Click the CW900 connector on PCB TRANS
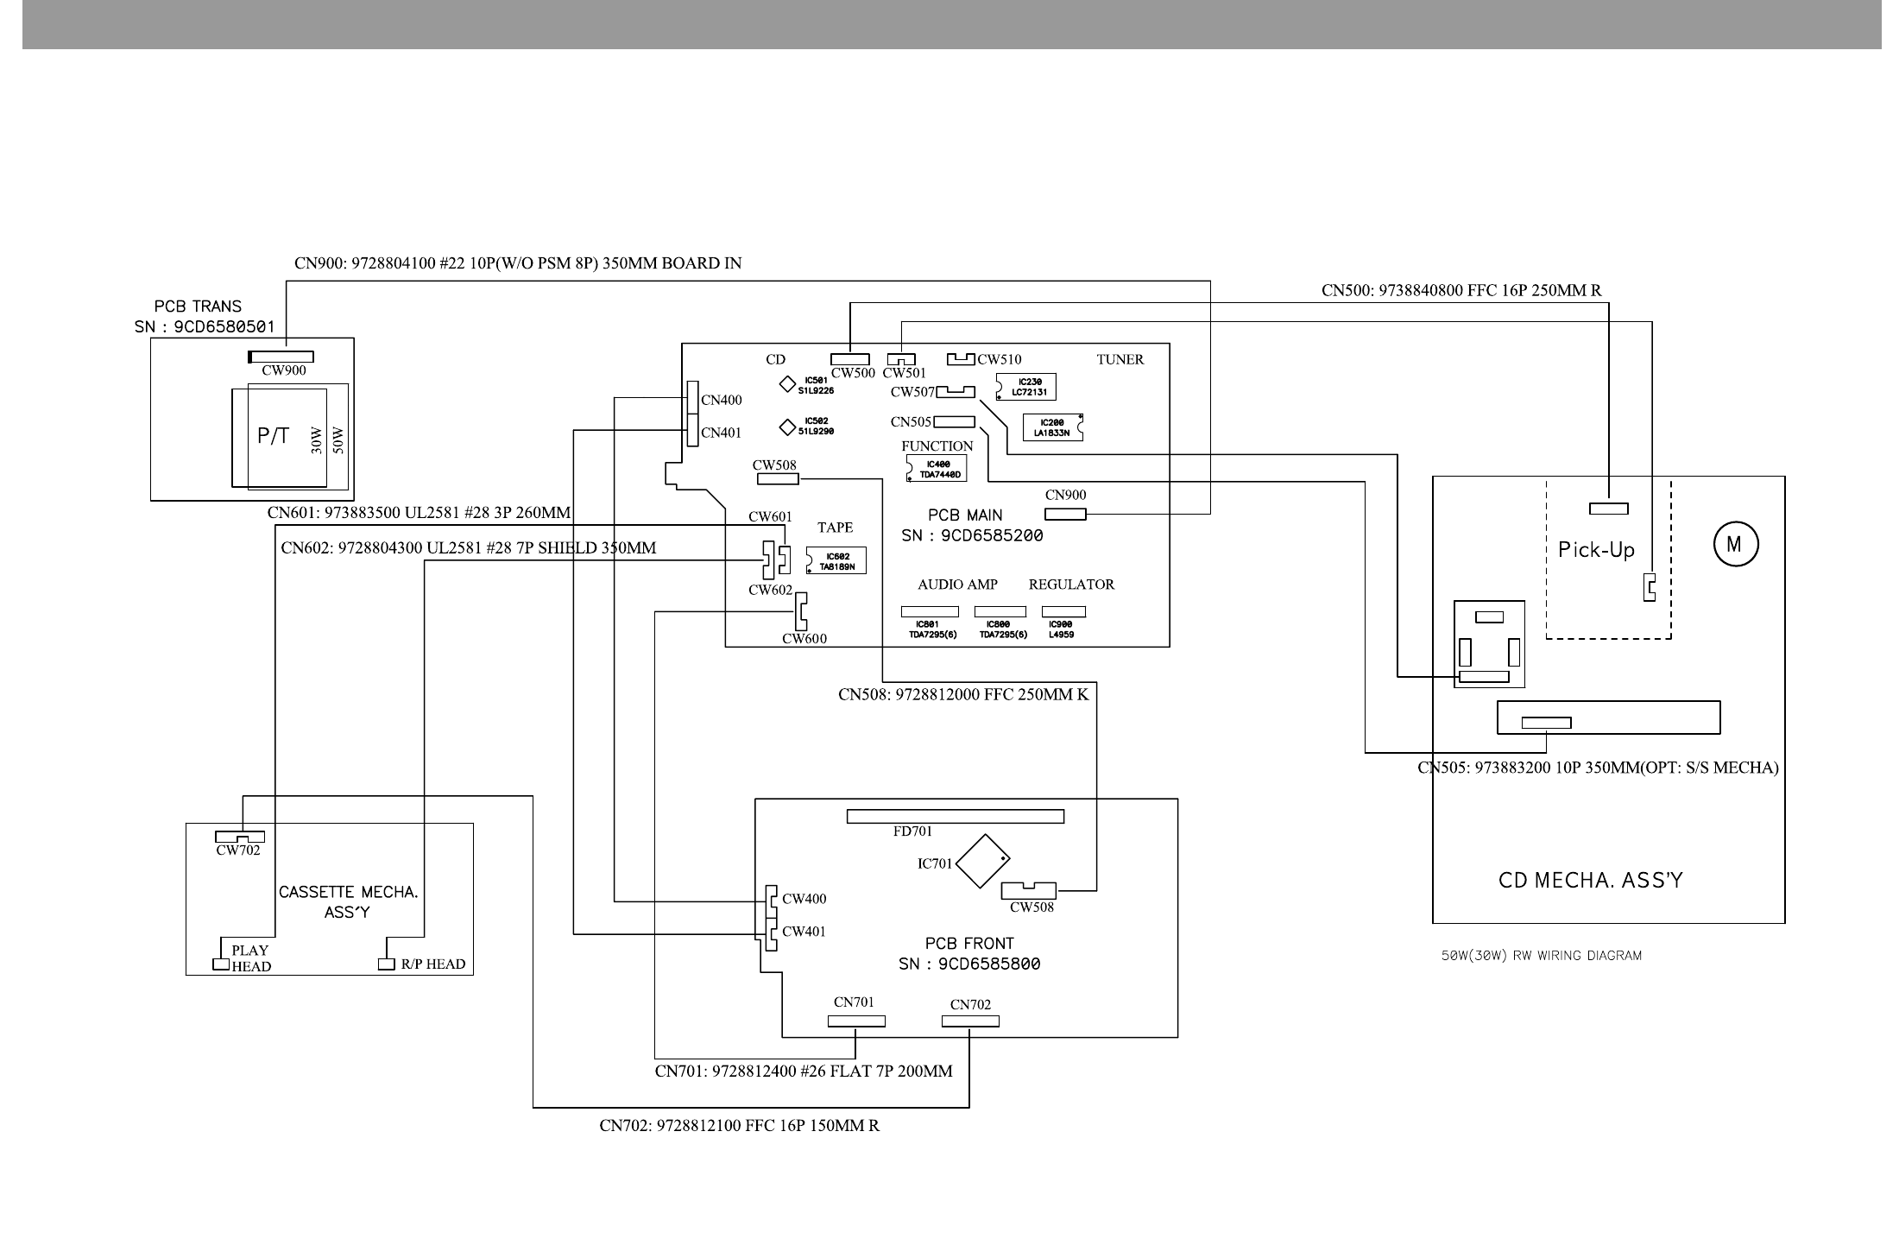click(x=281, y=357)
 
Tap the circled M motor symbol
click(x=1735, y=545)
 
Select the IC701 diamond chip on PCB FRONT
click(x=982, y=861)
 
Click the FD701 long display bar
click(x=955, y=816)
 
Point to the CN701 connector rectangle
click(x=856, y=1021)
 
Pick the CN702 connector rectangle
click(x=970, y=1021)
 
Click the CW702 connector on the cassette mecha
click(x=240, y=837)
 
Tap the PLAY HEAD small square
click(x=220, y=964)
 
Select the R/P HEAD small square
click(x=388, y=964)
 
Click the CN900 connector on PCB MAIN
click(x=1065, y=515)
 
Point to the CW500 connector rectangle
click(x=850, y=359)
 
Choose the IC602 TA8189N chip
click(x=836, y=561)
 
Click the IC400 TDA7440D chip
click(x=937, y=470)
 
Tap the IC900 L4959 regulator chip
click(x=1063, y=612)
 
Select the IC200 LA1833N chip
click(x=1052, y=427)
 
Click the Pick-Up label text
click(x=1596, y=550)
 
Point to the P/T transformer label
click(x=273, y=437)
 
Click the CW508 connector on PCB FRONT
click(x=1028, y=890)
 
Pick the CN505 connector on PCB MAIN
click(x=954, y=422)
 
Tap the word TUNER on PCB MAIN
click(x=1120, y=360)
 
